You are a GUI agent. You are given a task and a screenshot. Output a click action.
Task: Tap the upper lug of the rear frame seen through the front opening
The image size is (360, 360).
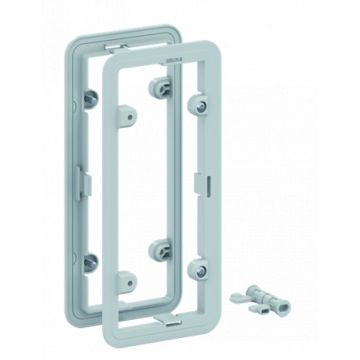pyautogui.click(x=161, y=86)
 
